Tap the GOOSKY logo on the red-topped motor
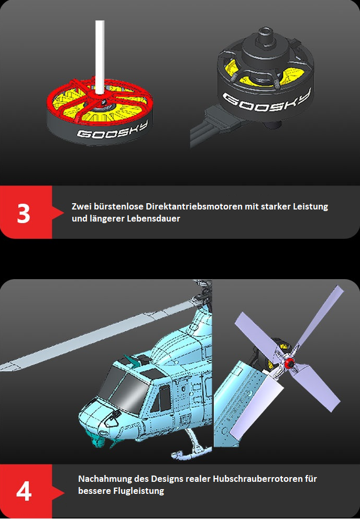[x=113, y=129]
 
